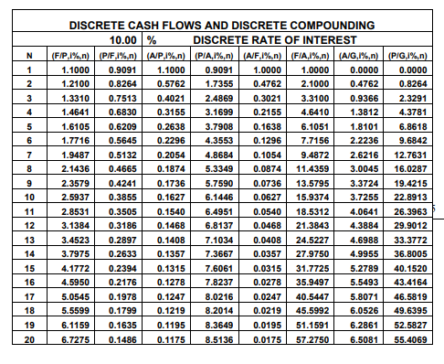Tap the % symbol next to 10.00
(153, 40)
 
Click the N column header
(30, 55)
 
